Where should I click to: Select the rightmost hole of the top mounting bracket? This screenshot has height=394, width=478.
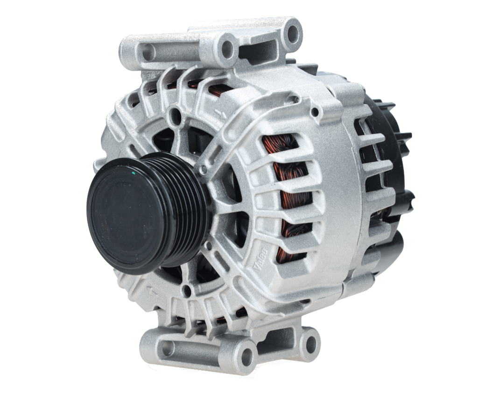coord(293,32)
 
